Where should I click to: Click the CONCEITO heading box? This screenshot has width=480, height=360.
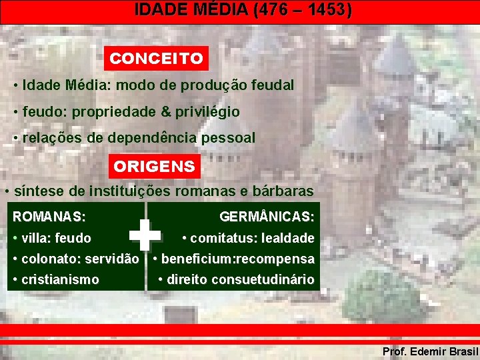[x=157, y=59]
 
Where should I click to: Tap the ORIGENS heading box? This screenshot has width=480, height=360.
[x=154, y=166]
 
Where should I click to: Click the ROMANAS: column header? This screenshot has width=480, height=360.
[x=49, y=217]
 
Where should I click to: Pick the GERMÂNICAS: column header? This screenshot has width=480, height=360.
[x=267, y=217]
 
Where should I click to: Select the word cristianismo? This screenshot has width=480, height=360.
[x=60, y=279]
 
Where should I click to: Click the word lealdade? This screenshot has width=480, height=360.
[x=288, y=238]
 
